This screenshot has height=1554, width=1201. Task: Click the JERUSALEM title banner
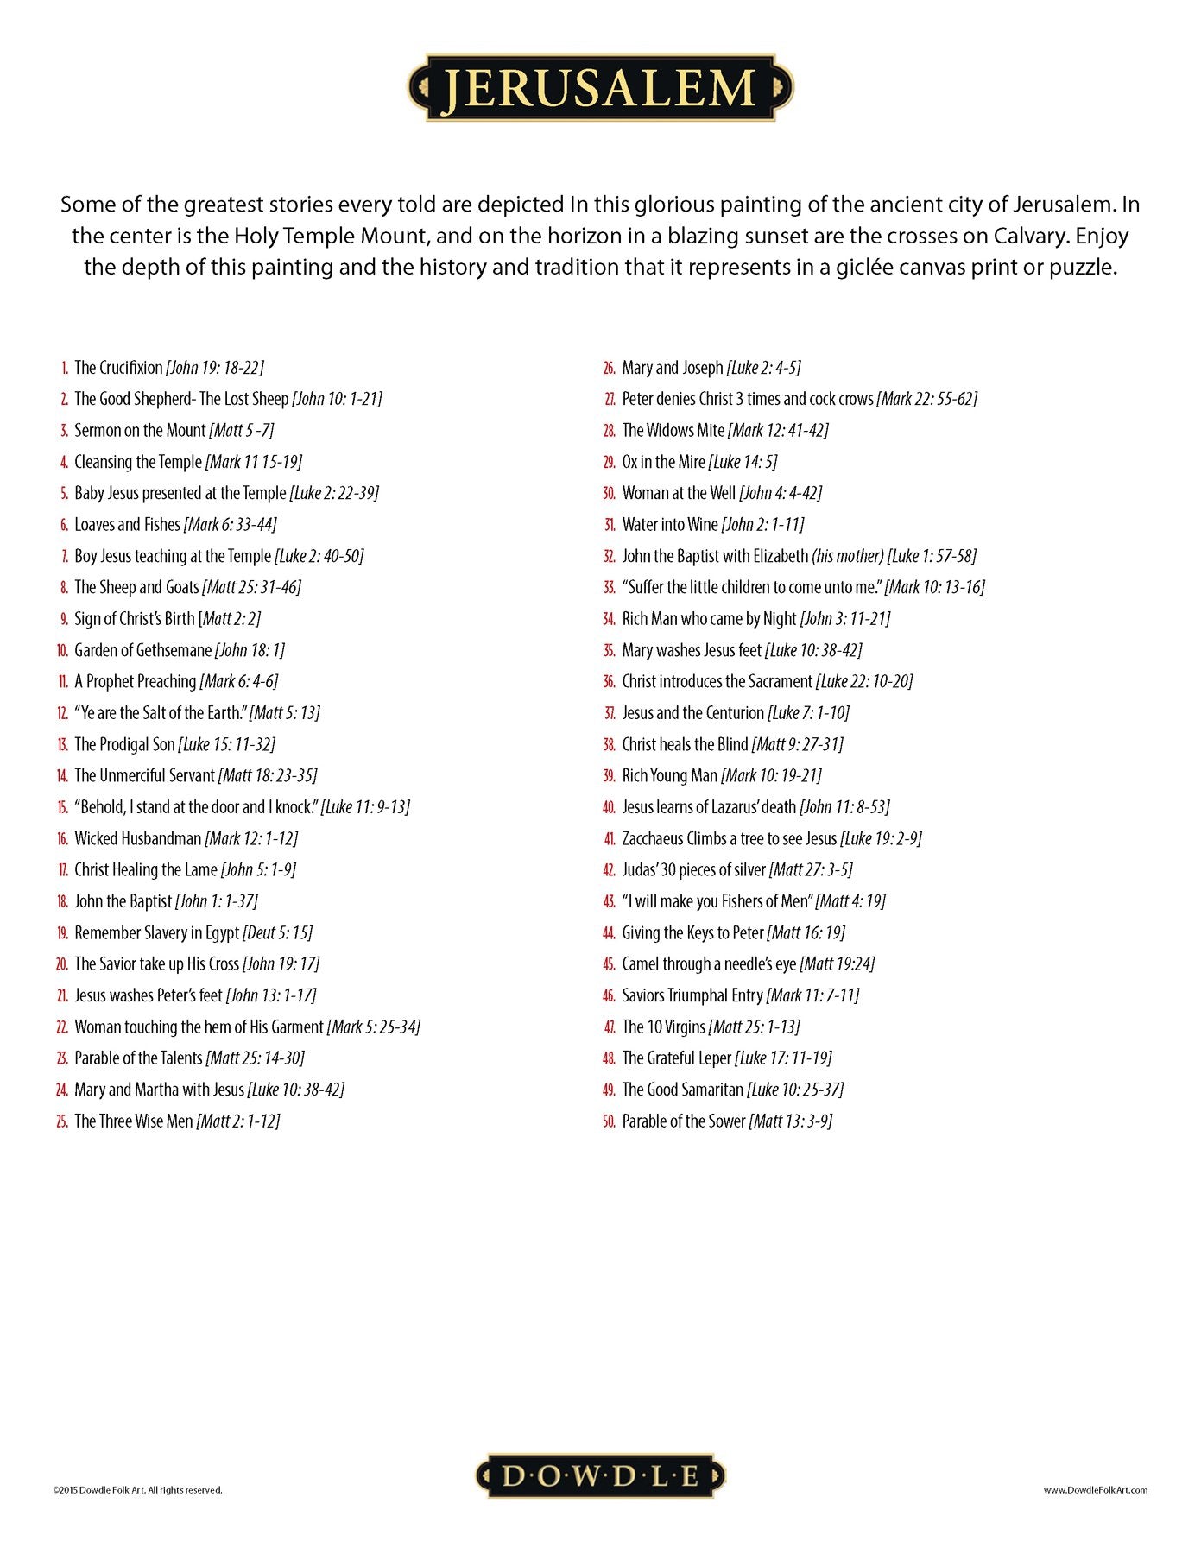point(600,87)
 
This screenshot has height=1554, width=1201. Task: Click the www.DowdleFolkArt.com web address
point(1095,1489)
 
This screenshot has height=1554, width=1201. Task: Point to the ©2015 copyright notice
point(137,1489)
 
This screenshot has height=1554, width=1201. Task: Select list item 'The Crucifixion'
point(118,368)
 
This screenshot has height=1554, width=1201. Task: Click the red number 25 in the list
point(62,1121)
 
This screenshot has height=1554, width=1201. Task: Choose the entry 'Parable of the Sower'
point(683,1121)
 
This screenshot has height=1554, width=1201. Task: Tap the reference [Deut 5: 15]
point(277,933)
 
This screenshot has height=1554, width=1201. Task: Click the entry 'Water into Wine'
point(669,525)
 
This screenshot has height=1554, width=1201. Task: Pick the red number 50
point(609,1121)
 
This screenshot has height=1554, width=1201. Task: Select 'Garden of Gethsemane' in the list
point(142,650)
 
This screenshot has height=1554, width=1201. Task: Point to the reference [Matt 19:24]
point(837,964)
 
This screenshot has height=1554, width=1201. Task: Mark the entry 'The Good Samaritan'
point(683,1090)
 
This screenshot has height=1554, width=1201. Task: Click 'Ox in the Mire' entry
point(663,462)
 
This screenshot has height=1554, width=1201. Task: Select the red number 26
point(609,368)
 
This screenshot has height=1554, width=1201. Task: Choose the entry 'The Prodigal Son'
point(124,744)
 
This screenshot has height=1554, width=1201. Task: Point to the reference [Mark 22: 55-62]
point(926,399)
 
